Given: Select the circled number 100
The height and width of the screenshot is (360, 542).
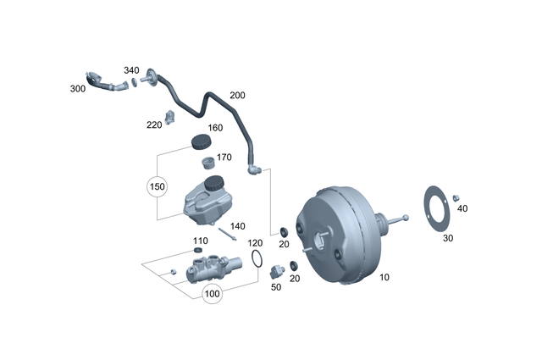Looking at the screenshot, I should click(x=211, y=294).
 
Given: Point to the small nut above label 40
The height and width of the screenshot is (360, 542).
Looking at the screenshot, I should click(x=456, y=197).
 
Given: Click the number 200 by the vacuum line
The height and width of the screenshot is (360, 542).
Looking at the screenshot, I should click(x=237, y=96).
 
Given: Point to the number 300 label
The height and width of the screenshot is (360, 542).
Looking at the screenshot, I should click(x=78, y=88).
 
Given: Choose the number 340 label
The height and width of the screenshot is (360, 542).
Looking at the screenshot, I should click(x=131, y=70).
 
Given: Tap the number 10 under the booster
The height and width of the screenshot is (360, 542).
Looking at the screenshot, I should click(x=384, y=277).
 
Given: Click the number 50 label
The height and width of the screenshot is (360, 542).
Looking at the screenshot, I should click(x=276, y=288).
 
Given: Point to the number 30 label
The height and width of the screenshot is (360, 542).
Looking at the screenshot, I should click(x=448, y=238).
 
